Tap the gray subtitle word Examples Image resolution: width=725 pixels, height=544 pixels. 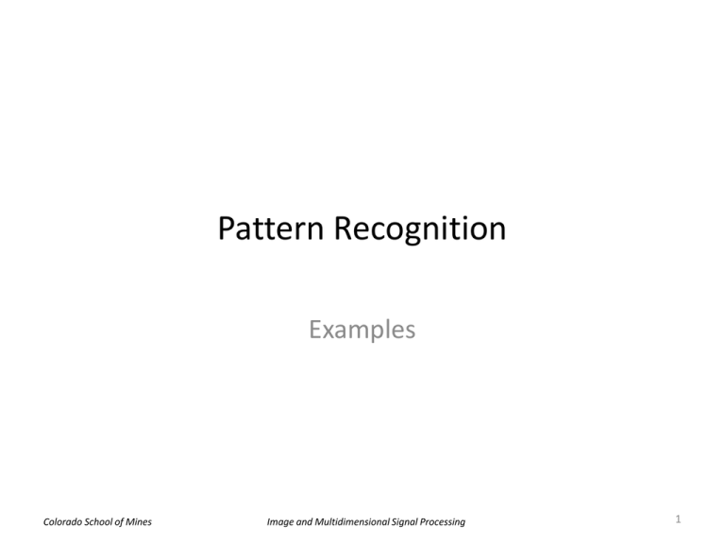pyautogui.click(x=362, y=331)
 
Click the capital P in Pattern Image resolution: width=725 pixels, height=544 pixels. pyautogui.click(x=228, y=230)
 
